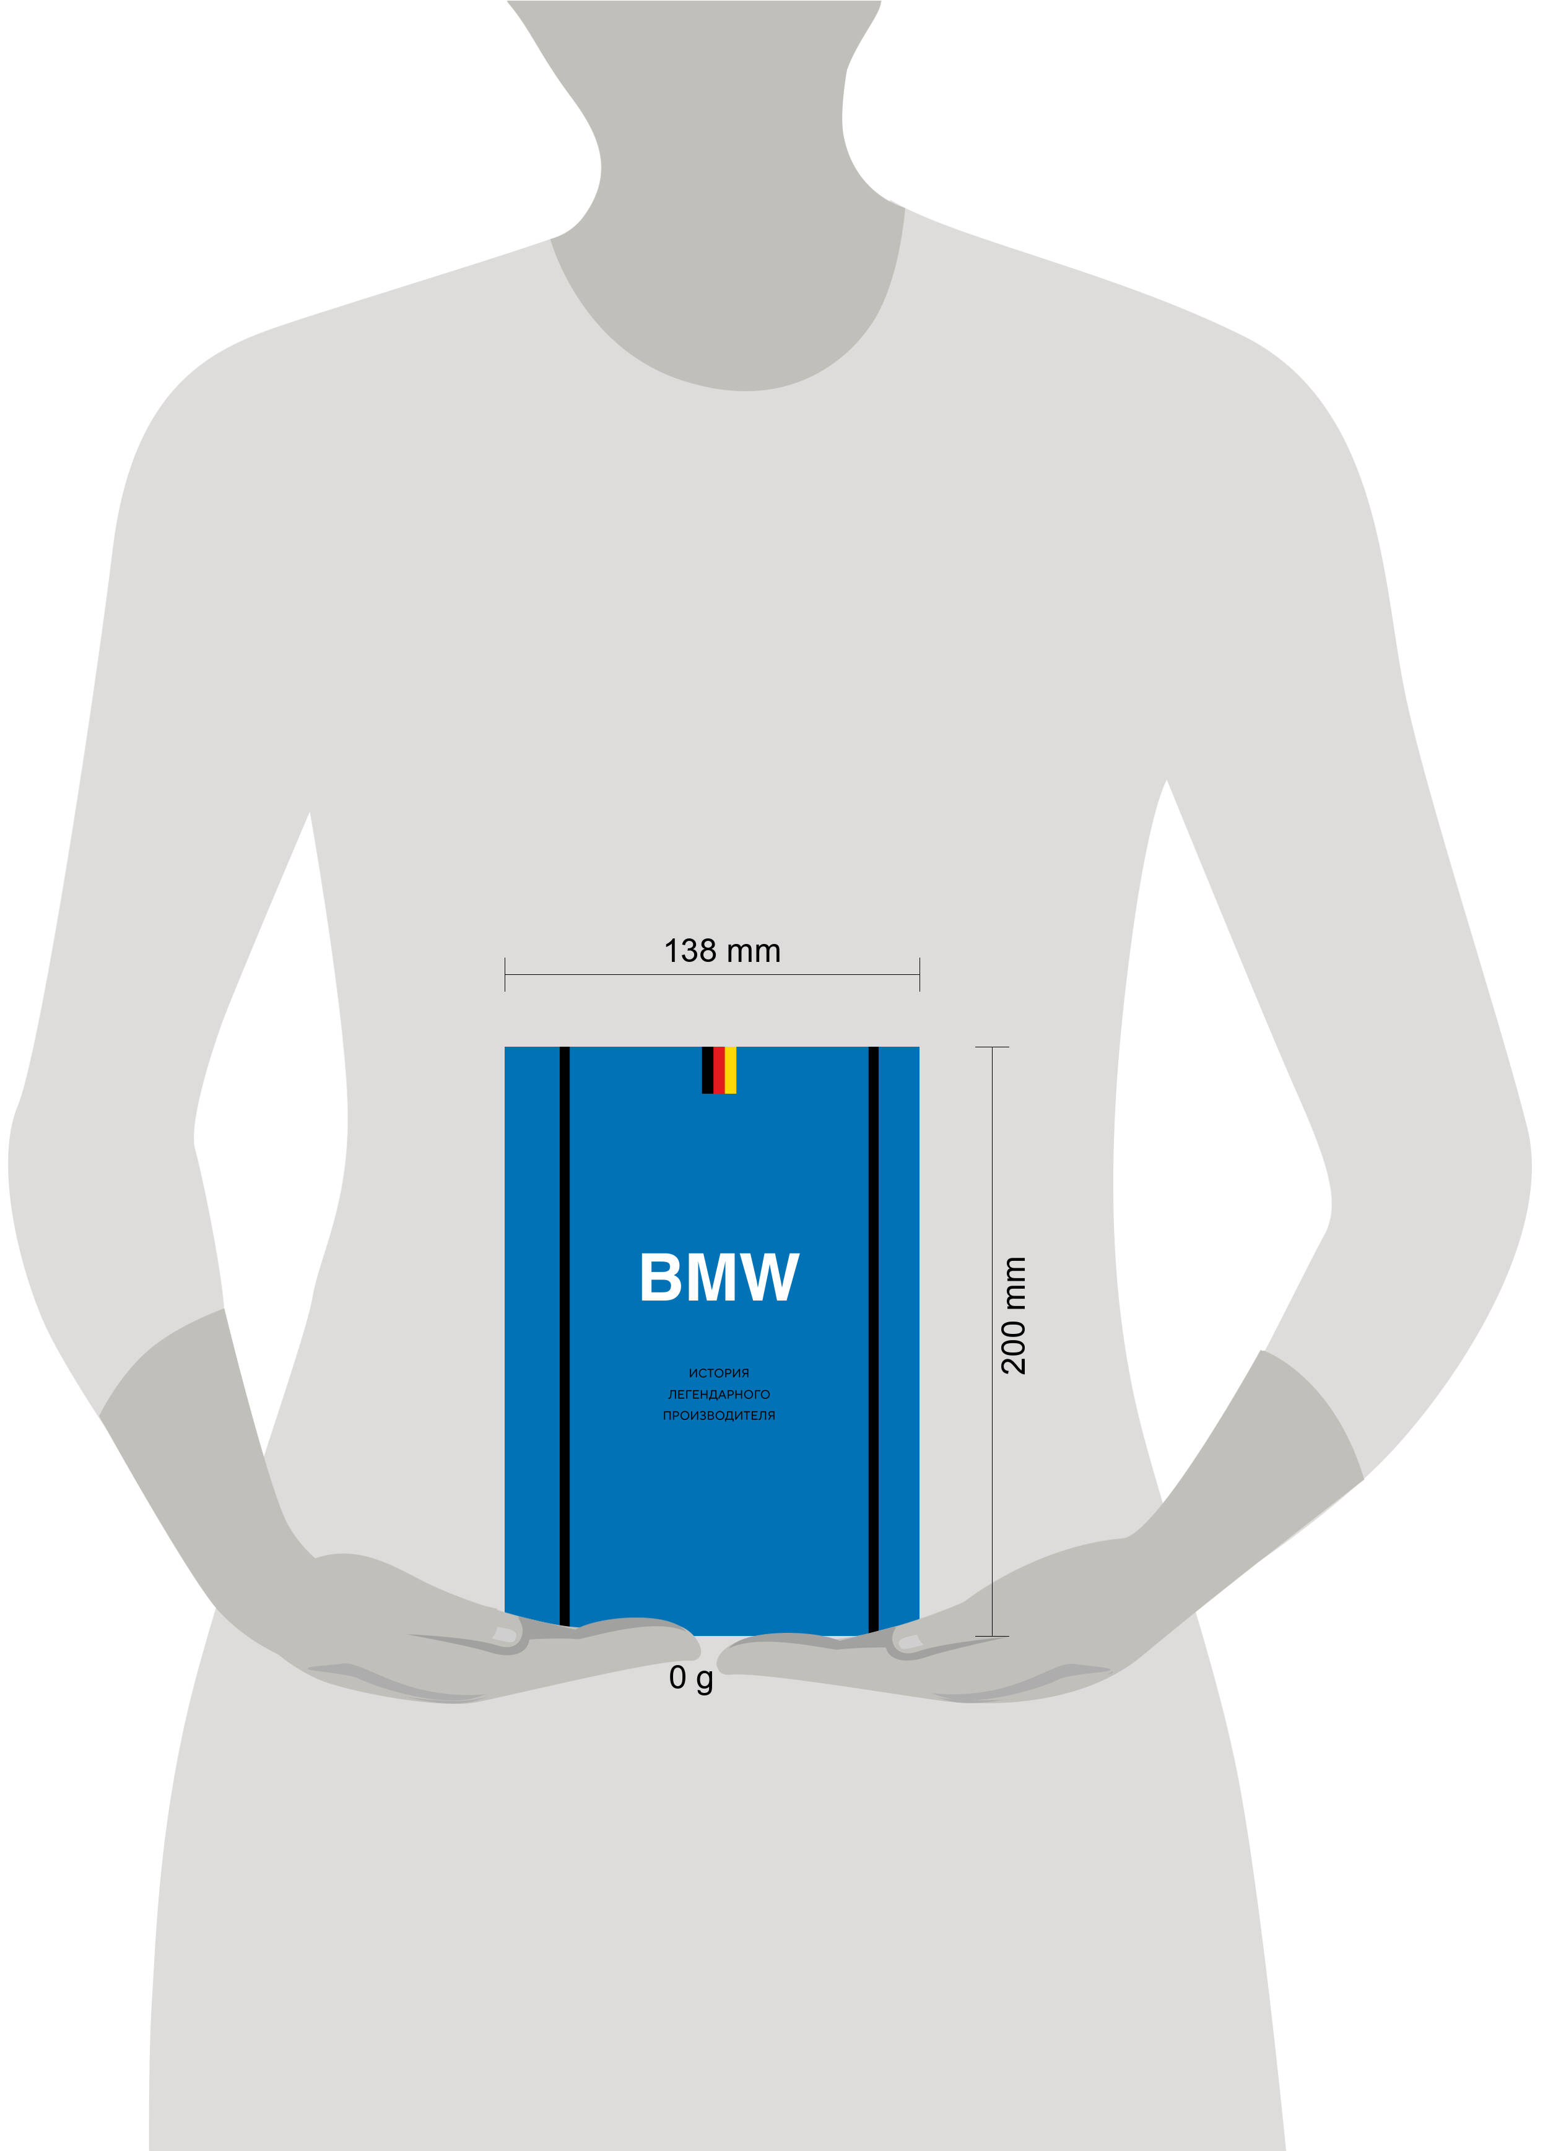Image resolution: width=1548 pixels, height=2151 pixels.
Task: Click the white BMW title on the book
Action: pos(719,1276)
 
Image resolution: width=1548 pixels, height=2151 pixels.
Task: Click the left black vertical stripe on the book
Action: pos(564,1336)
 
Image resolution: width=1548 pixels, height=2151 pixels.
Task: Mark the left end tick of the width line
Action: pos(505,974)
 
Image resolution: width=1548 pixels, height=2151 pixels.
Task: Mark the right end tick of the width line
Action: pos(919,974)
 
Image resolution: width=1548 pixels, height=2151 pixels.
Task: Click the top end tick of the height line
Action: pos(992,1047)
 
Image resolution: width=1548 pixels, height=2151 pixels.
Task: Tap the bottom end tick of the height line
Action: pos(992,1636)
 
